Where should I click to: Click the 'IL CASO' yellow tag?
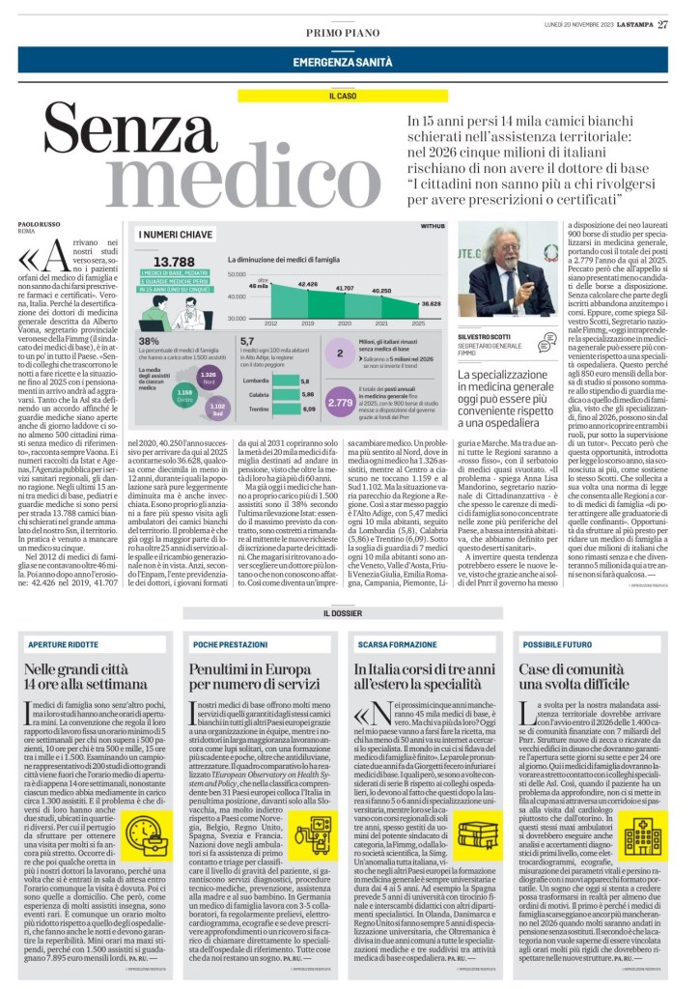(x=350, y=97)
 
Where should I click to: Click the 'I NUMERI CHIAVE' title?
(x=176, y=235)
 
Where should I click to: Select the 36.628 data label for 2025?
(x=431, y=303)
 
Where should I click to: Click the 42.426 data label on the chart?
(x=307, y=284)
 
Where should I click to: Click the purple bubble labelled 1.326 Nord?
(x=207, y=376)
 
